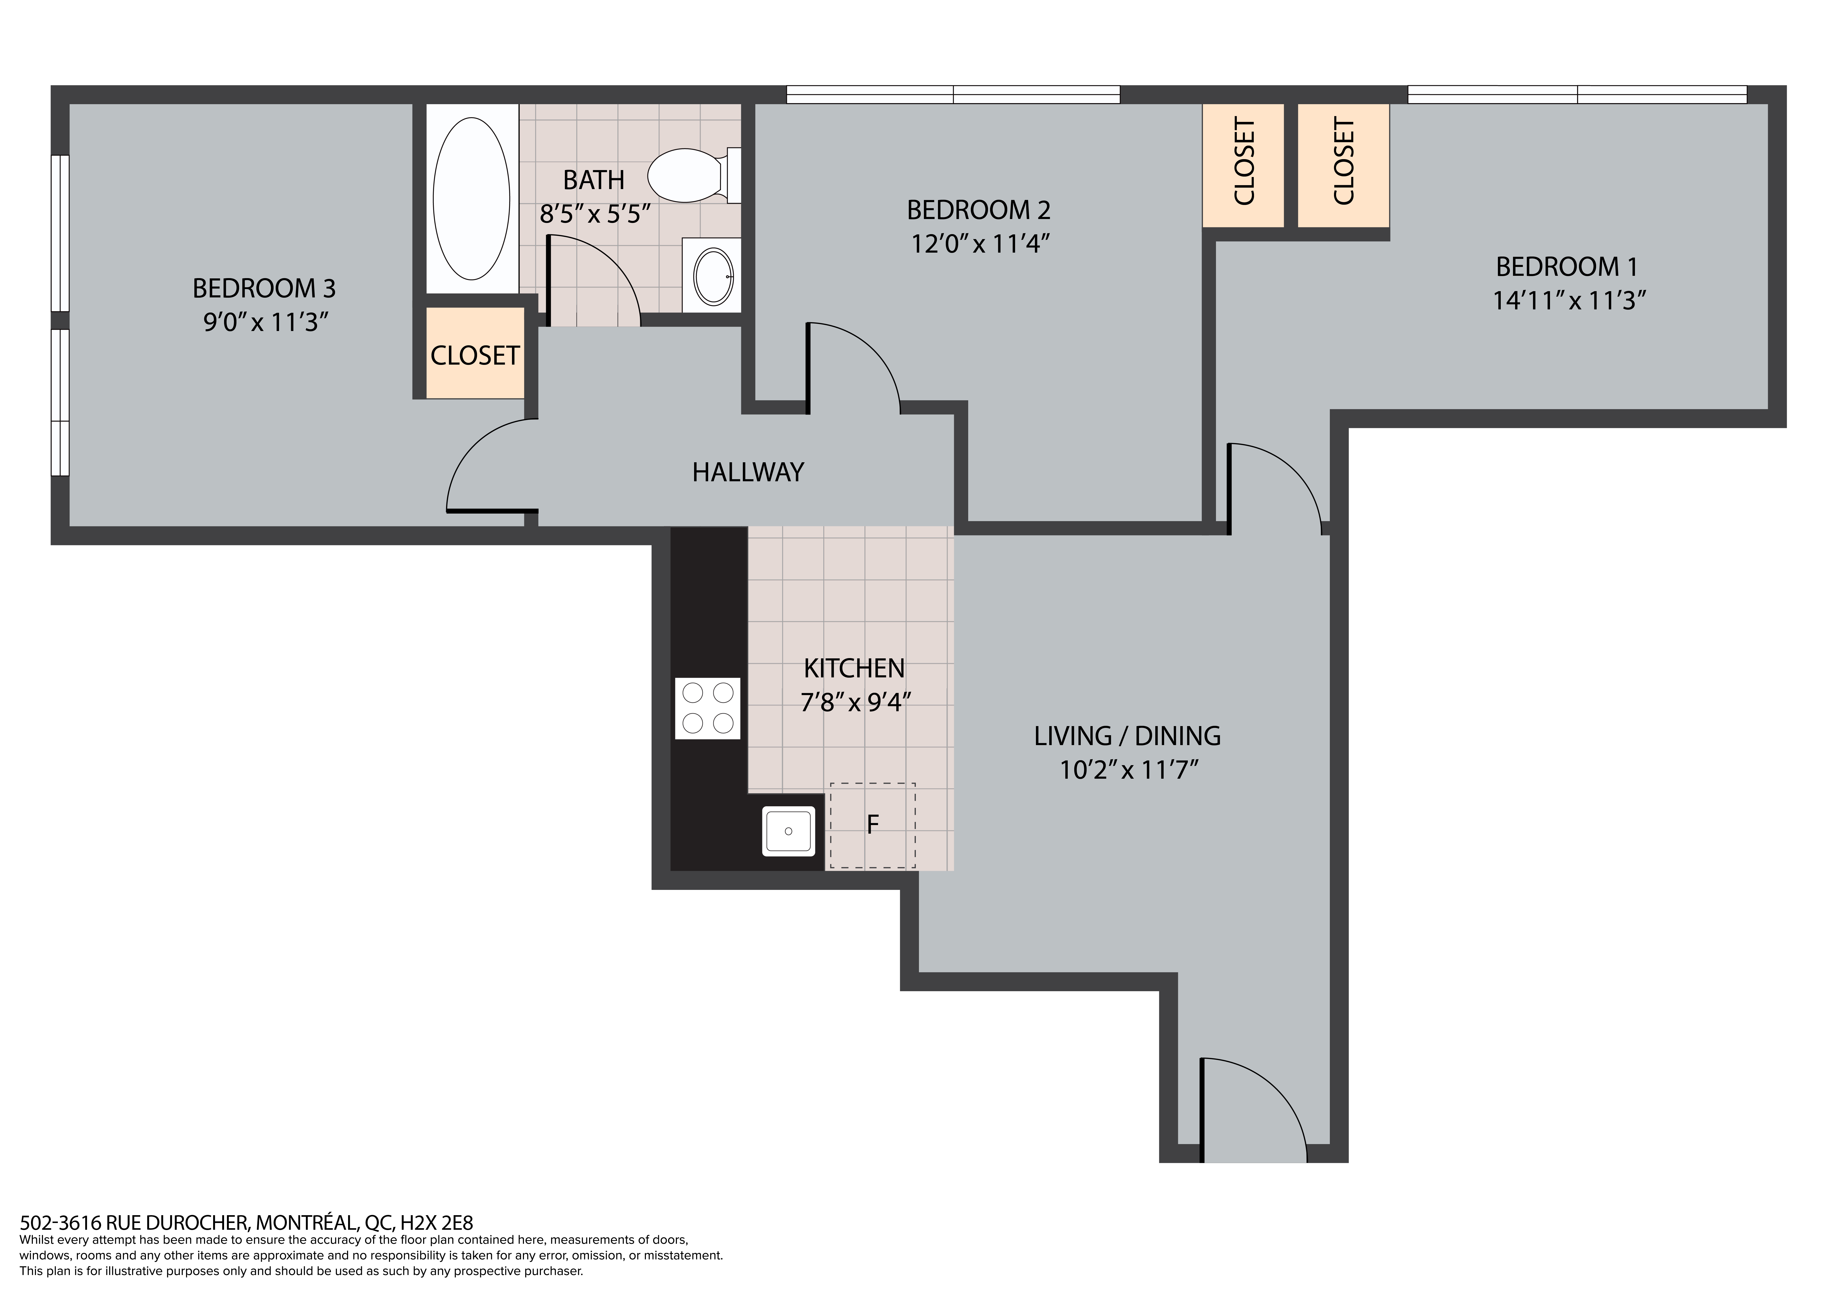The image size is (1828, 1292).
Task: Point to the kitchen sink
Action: tap(788, 831)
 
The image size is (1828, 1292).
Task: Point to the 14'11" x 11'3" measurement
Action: tap(1568, 300)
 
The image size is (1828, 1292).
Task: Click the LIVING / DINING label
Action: tap(1127, 735)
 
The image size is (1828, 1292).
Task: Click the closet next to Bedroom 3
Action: tap(475, 353)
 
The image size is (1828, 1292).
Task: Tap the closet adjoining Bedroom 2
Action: tap(1243, 165)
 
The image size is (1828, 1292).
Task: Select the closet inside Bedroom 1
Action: tap(1343, 165)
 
